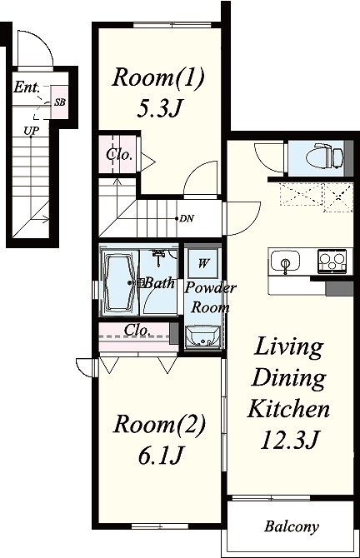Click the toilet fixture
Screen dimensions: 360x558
point(325,156)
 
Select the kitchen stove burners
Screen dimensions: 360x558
point(332,261)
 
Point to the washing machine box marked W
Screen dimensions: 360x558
point(202,263)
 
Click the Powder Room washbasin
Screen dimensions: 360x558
point(202,336)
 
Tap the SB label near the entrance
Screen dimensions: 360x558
point(60,102)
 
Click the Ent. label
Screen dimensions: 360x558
point(27,87)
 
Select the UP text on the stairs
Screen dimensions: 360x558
point(31,131)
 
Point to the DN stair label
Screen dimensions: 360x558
point(187,218)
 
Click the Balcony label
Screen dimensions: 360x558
point(292,526)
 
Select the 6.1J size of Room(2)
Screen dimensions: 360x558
point(160,456)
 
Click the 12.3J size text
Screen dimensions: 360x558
point(289,441)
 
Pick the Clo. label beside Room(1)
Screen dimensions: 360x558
point(119,154)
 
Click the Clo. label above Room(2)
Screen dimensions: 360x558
point(137,330)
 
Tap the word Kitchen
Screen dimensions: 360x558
point(288,409)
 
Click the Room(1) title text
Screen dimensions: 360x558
point(158,77)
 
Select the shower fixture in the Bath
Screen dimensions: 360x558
point(158,258)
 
